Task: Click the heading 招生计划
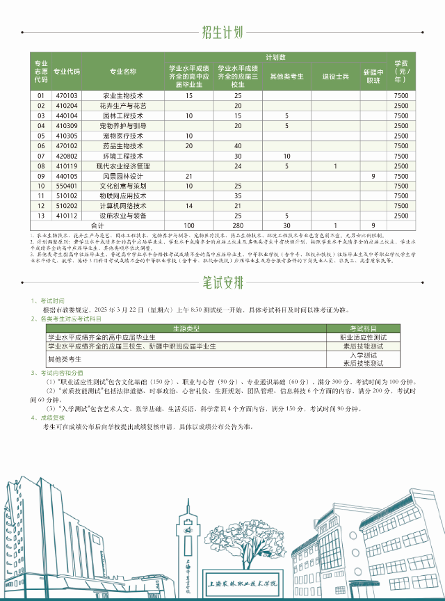[222, 31]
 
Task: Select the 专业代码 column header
[67, 71]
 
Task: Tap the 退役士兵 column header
[335, 76]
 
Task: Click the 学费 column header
[401, 71]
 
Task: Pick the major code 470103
[67, 95]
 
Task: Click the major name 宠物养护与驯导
[123, 126]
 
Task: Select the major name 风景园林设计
[123, 177]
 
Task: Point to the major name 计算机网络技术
[123, 207]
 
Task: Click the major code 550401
[67, 186]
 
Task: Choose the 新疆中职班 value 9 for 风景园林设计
[373, 177]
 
